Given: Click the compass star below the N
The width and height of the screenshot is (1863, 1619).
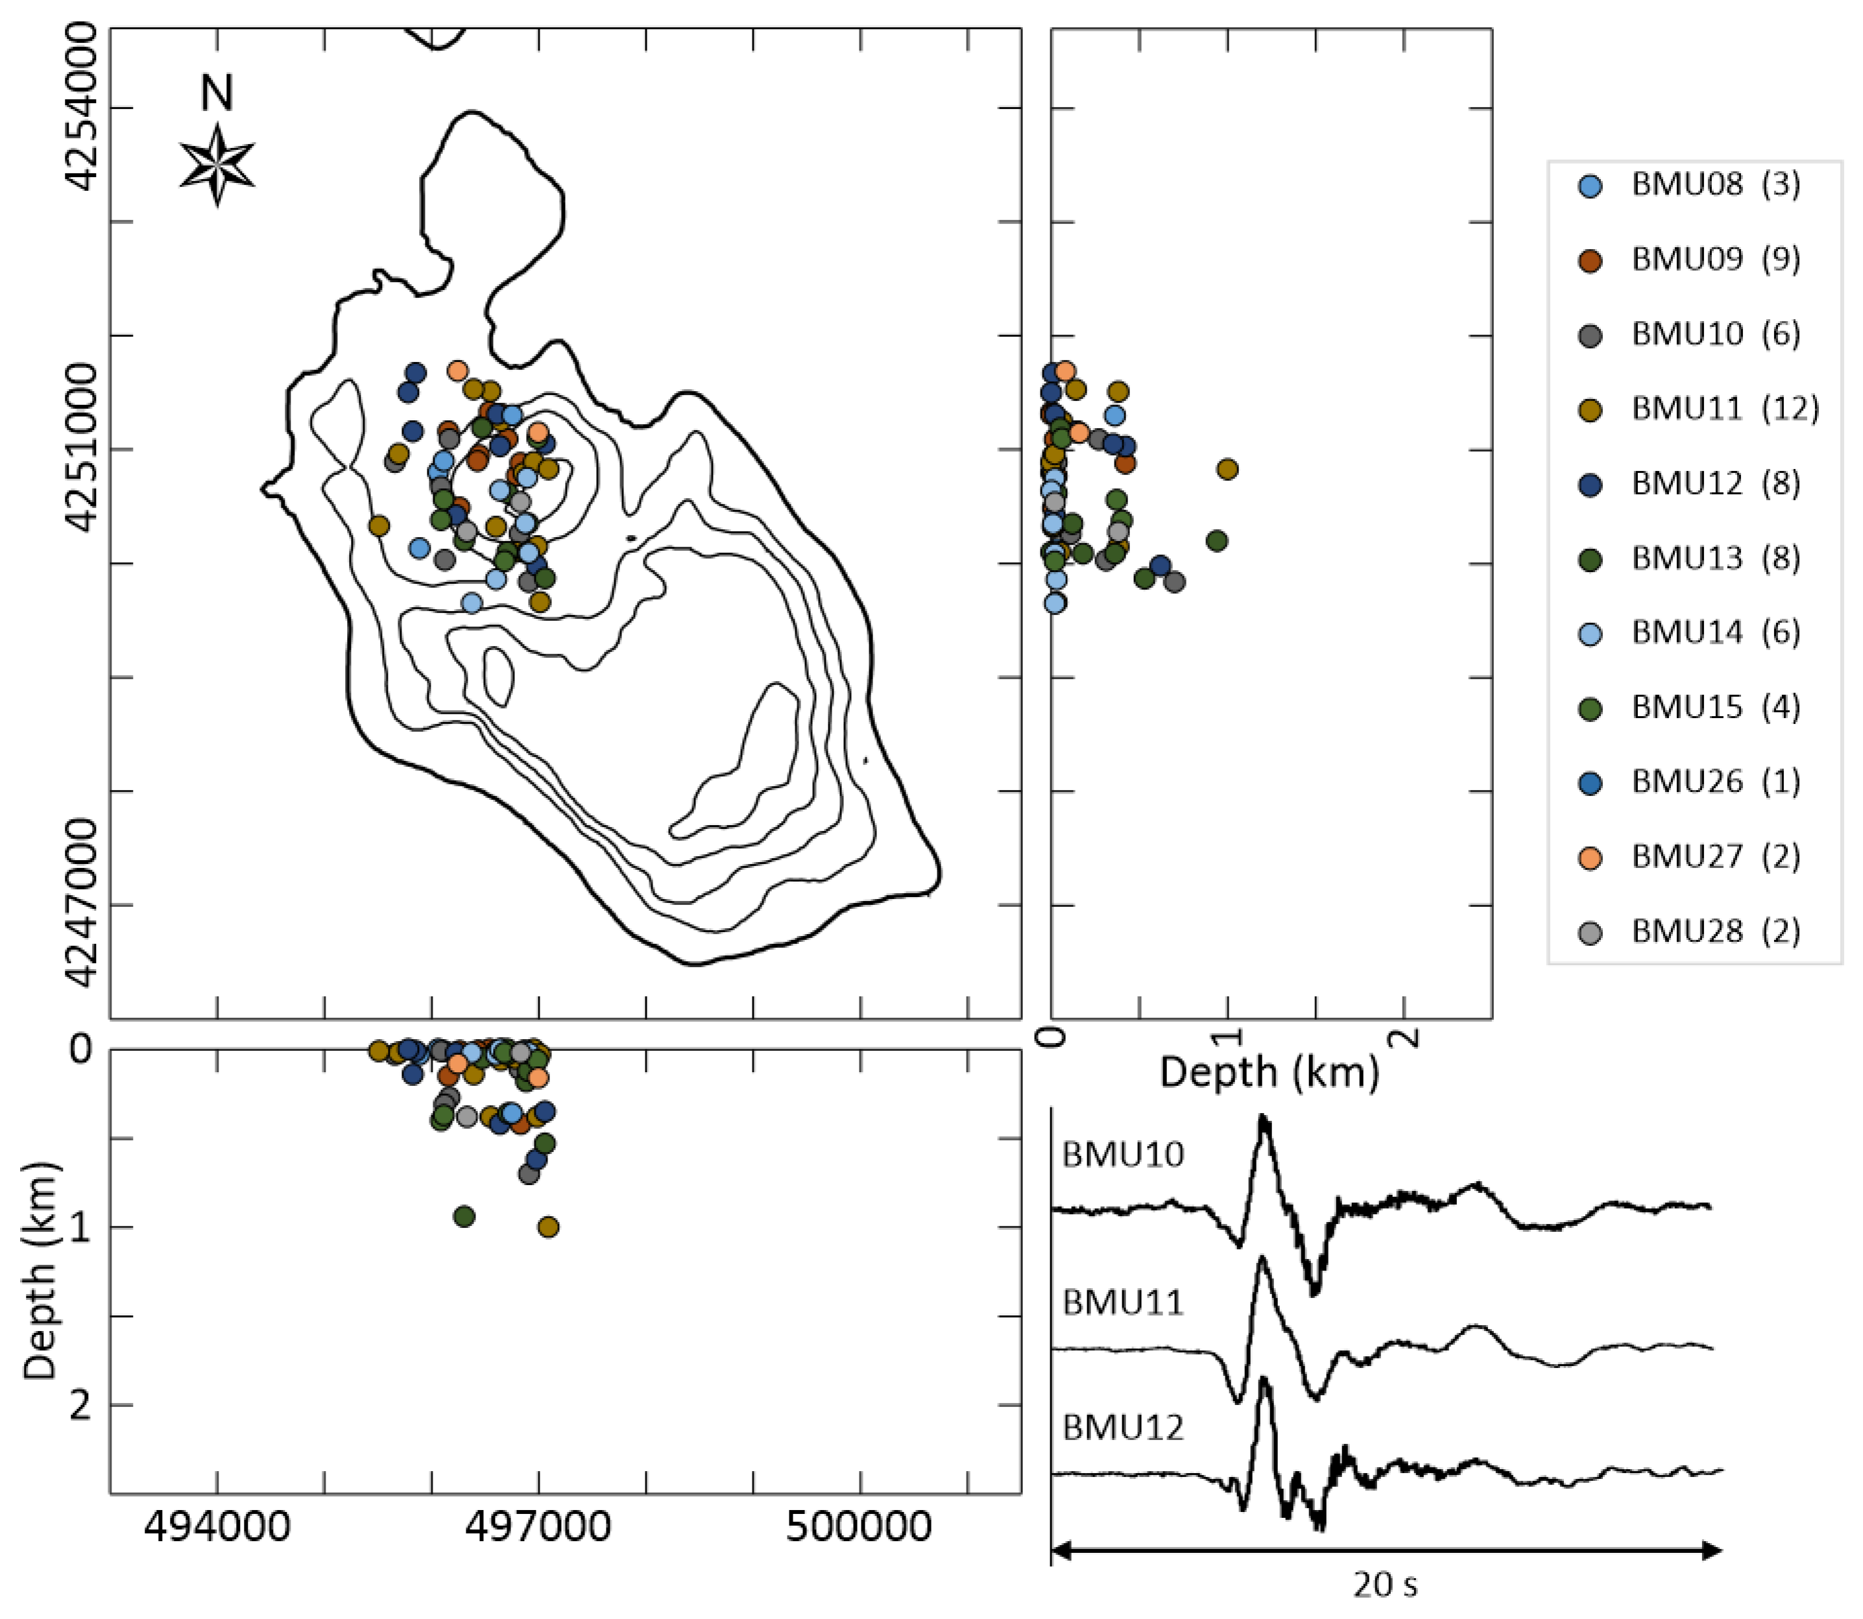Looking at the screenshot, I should pos(217,165).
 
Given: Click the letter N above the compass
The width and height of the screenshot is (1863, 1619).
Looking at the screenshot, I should pos(217,93).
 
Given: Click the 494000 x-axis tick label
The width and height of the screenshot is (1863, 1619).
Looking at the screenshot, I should pos(217,1527).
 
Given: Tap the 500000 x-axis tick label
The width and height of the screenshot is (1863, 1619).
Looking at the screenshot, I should pos(859,1527).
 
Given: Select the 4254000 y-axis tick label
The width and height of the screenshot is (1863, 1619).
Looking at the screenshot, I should pos(81,108).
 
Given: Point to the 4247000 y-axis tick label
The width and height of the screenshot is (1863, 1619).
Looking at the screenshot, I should pos(81,904).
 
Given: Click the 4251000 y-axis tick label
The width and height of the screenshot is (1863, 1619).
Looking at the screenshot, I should pos(81,449).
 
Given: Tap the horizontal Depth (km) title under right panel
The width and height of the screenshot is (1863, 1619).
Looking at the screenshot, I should pos(1269,1072).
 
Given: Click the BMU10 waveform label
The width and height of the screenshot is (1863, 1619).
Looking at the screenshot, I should pos(1122,1155).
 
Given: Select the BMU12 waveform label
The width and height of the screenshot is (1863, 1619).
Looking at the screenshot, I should pos(1122,1428).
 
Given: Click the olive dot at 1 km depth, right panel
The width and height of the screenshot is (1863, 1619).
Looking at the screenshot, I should pos(1227,469).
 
